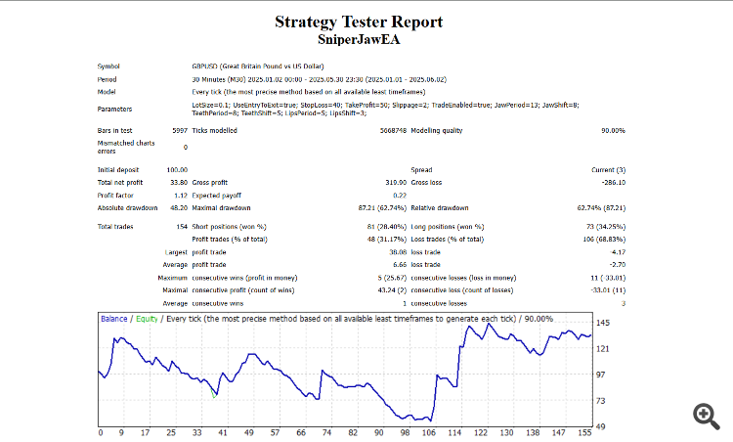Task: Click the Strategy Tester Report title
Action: tap(359, 22)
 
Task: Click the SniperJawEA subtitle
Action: tap(359, 40)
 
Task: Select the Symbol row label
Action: tap(108, 66)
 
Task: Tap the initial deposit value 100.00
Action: tap(150, 170)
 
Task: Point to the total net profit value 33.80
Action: tap(151, 182)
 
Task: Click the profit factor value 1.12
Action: tap(152, 195)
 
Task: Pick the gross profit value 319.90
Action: tap(394, 182)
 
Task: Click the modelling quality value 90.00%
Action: tap(613, 130)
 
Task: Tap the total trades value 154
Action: tap(153, 227)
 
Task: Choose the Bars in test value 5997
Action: tap(151, 130)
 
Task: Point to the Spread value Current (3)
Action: tap(608, 170)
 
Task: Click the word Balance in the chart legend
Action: tap(114, 318)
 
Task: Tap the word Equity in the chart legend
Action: tap(147, 318)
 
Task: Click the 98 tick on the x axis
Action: tap(405, 432)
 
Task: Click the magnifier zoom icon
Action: tap(706, 416)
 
